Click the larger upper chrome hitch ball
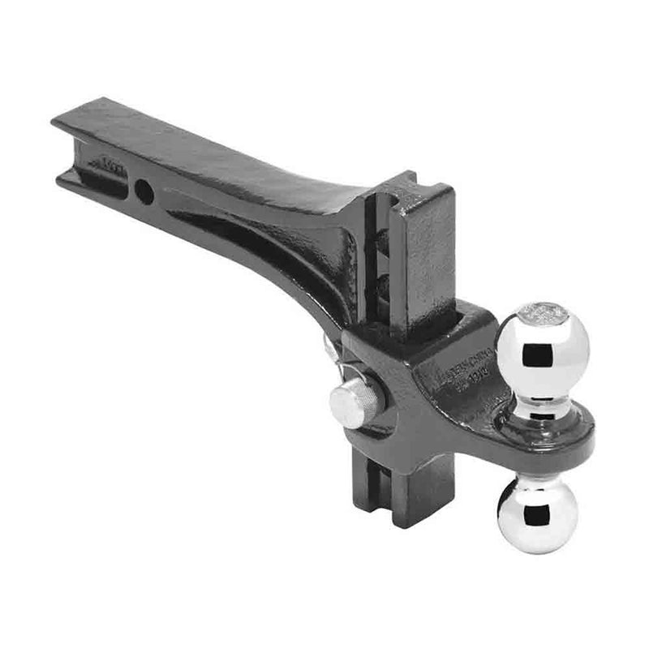tap(541, 346)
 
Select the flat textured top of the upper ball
tap(541, 311)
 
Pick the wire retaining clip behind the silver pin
tap(330, 349)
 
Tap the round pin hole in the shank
tap(143, 191)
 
